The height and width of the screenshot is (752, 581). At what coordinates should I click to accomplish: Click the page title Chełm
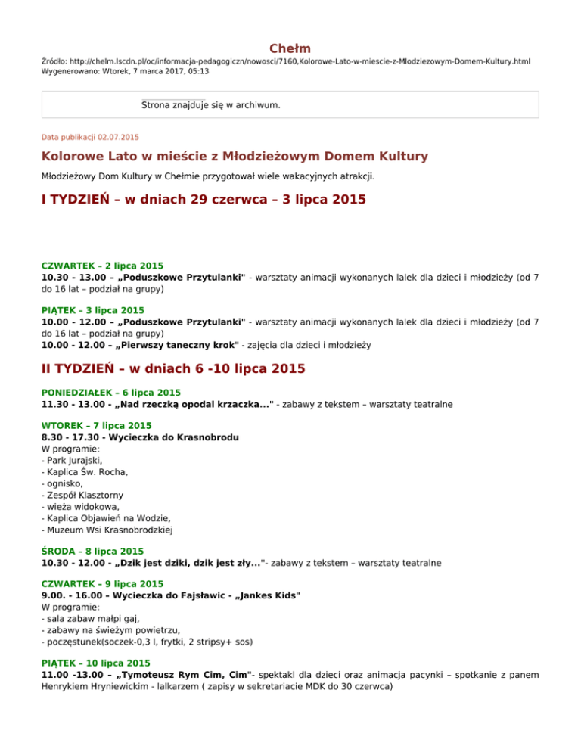click(x=290, y=48)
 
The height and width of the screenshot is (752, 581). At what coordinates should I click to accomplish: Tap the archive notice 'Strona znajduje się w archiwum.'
click(x=211, y=105)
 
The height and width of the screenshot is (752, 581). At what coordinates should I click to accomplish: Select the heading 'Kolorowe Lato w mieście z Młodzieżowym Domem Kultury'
click(x=235, y=157)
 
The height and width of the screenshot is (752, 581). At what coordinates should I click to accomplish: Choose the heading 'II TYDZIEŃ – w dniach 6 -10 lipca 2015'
click(x=173, y=369)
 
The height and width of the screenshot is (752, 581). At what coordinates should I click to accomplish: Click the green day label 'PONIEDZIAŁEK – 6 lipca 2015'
click(x=111, y=393)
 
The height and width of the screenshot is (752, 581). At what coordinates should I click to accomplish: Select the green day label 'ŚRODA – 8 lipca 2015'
click(x=92, y=552)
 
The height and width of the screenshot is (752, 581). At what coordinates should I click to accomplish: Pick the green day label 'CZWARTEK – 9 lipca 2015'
click(x=102, y=584)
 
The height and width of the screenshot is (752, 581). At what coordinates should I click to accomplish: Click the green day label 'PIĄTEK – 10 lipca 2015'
click(x=95, y=663)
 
